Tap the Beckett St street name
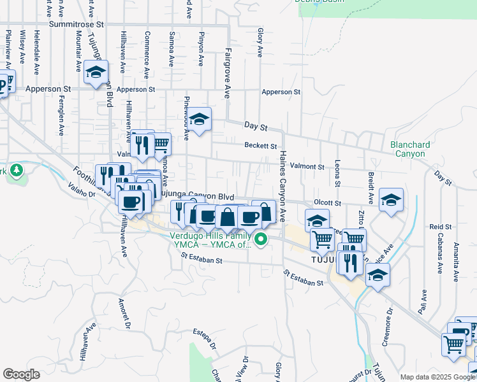coord(260,145)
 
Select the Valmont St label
coord(307,166)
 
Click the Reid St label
coord(440,227)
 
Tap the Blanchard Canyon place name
coord(407,149)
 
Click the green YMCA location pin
coord(261,239)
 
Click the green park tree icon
coord(17,171)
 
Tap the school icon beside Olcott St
coord(391,200)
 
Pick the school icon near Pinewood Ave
coord(199,119)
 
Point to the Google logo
coord(22,374)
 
